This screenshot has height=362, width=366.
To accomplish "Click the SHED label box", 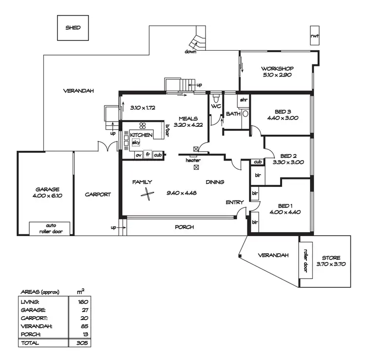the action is (x=73, y=28).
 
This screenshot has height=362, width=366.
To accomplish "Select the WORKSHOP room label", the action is (x=276, y=68).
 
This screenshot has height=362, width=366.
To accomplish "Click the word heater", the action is (x=193, y=160).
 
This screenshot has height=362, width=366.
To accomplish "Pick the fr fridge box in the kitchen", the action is (x=147, y=155).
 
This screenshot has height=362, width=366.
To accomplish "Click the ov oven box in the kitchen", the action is (x=139, y=155).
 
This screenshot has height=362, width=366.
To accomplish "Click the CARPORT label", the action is (x=98, y=194).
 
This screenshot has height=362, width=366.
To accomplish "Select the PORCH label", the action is (x=183, y=227).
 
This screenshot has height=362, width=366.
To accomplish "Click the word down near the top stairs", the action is (x=190, y=52).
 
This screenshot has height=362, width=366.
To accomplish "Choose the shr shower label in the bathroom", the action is (x=244, y=100).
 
